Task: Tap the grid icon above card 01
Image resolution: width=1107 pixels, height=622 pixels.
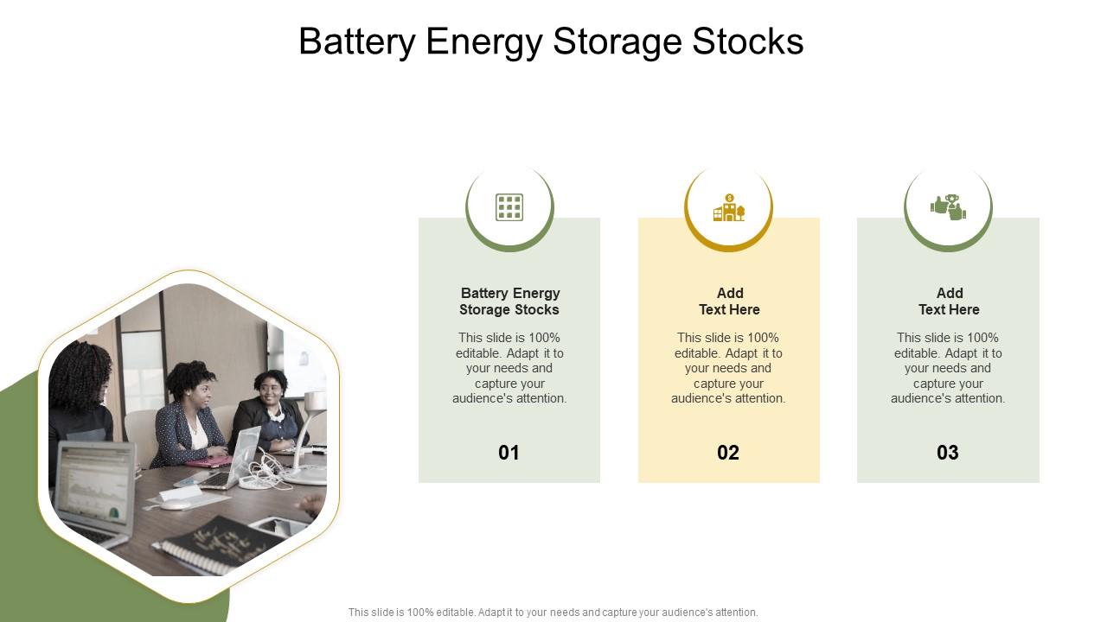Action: click(509, 207)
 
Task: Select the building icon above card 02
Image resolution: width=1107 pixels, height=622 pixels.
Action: click(728, 207)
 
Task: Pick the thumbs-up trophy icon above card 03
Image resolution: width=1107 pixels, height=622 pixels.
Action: click(948, 207)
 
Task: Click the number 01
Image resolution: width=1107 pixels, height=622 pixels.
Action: click(509, 453)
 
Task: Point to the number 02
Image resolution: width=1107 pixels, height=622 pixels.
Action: click(728, 453)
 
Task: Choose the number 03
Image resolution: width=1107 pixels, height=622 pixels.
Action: click(948, 453)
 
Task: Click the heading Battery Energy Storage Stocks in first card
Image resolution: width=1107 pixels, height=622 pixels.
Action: click(509, 301)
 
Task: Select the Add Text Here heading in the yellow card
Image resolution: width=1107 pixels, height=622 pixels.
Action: click(729, 301)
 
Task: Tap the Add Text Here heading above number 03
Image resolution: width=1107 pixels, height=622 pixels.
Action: click(949, 301)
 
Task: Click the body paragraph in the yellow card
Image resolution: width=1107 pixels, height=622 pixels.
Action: click(729, 368)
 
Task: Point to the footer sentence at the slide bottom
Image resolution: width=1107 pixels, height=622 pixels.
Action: click(553, 612)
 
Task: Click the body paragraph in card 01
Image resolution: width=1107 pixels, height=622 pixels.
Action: click(509, 368)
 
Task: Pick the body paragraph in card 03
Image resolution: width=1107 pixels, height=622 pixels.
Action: click(949, 368)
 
